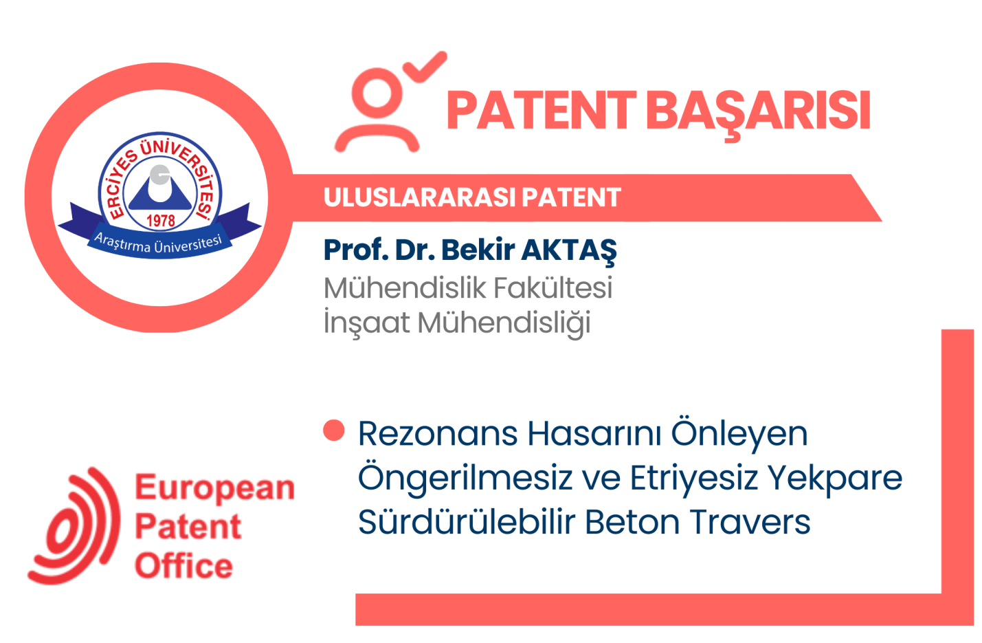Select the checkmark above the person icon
(x=425, y=67)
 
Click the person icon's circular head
(x=377, y=93)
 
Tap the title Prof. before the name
(x=355, y=250)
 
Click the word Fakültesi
(x=553, y=288)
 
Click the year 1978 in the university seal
(x=160, y=221)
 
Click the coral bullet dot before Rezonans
(x=333, y=431)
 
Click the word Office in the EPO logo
(x=183, y=566)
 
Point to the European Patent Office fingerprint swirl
(x=74, y=526)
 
